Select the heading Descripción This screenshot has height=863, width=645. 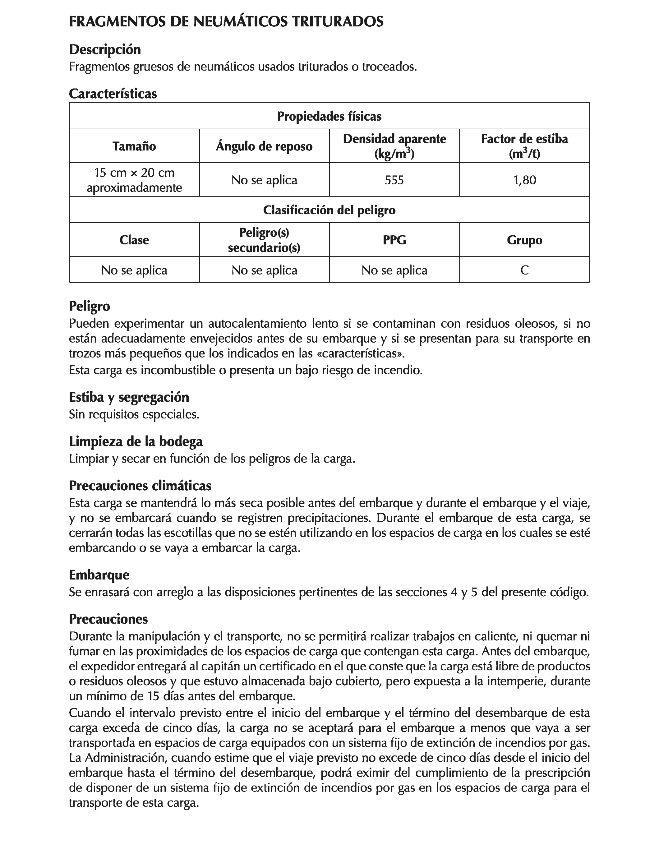click(x=104, y=49)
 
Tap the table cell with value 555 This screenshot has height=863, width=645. click(x=394, y=180)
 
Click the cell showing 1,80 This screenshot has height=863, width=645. click(x=524, y=180)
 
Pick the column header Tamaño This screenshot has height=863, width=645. click(x=134, y=146)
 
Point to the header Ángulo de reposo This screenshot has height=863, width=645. click(x=264, y=146)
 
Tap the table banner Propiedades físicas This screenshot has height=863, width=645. click(x=329, y=116)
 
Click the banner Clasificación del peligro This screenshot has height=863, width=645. click(x=329, y=210)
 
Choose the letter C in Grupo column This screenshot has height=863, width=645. click(x=524, y=270)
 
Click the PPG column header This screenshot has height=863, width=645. click(x=394, y=240)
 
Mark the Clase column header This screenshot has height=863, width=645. click(x=134, y=240)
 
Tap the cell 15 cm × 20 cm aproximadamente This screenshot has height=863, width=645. click(x=134, y=180)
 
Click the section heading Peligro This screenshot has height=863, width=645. click(x=89, y=306)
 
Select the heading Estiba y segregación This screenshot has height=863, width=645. click(x=129, y=397)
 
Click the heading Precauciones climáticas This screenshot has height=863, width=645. click(x=140, y=486)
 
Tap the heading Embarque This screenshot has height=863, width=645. click(x=99, y=575)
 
